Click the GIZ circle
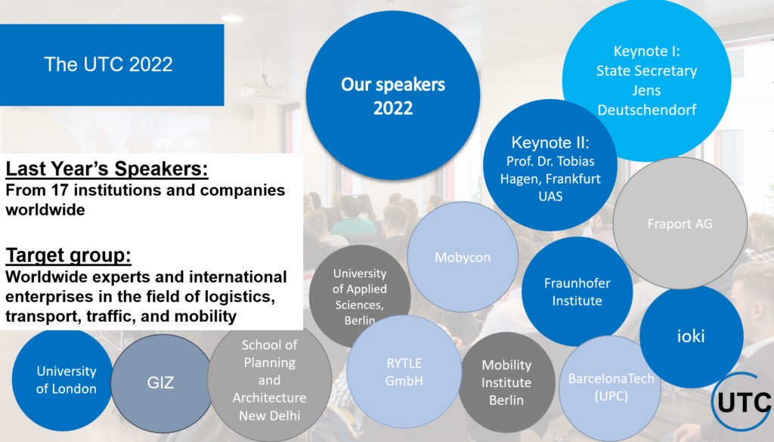pos(161,383)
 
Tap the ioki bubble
pos(691,336)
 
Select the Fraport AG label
pos(680,224)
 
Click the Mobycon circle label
pos(463,258)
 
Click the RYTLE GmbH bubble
pos(404,372)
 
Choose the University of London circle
pos(63,379)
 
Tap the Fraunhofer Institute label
pos(577,292)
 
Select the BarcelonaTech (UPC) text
pos(611,388)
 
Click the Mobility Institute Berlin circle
pos(506,382)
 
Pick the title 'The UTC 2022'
pos(109,65)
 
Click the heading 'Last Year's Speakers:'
pos(107,168)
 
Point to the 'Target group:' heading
pos(68,255)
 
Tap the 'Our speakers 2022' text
pos(393,96)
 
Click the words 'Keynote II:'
pos(550,143)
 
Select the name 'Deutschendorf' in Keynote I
pos(647,110)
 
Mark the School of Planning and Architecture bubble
pos(270,380)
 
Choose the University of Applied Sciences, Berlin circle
pos(360,296)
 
